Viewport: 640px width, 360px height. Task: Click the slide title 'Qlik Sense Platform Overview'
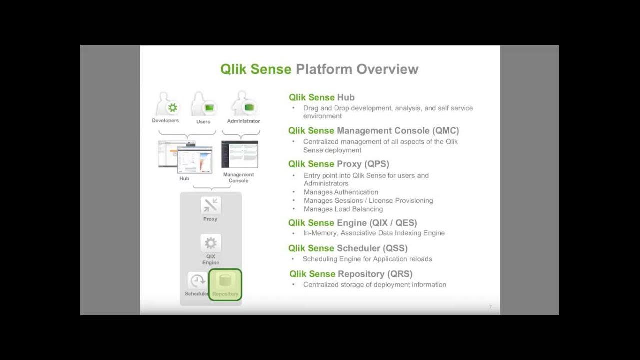tap(319, 69)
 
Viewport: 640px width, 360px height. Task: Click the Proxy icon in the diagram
tap(210, 205)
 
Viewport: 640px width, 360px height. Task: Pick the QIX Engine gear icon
tap(210, 243)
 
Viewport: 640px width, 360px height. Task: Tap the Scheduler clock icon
tap(197, 281)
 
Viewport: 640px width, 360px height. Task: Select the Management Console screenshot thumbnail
tap(239, 154)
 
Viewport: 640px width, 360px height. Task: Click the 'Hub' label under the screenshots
tap(184, 178)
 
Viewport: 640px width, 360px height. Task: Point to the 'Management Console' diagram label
tap(238, 177)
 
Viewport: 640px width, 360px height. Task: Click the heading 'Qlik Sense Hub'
tap(321, 97)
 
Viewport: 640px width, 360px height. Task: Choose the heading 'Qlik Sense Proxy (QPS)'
tap(338, 164)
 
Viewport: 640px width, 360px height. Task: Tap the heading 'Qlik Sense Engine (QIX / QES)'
tap(352, 223)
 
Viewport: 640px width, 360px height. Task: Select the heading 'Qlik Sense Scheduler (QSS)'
tap(348, 248)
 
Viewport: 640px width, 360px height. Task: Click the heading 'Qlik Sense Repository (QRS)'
tap(351, 274)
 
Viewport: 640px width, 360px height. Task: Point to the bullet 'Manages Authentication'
tap(341, 192)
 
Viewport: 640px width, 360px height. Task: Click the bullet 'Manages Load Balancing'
tap(343, 209)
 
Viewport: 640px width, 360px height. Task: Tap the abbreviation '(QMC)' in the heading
tap(445, 131)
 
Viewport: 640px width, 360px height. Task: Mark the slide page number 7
tap(490, 307)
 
